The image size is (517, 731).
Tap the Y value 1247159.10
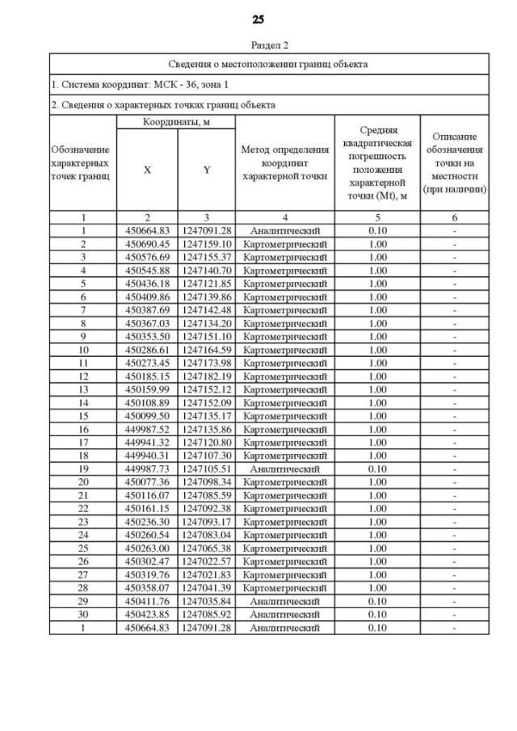tap(207, 243)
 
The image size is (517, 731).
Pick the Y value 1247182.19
tap(207, 376)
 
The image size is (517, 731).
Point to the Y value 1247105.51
tap(207, 468)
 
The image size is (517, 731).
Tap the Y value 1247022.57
tap(207, 561)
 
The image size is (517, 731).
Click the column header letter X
tap(147, 170)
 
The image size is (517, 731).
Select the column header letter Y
tap(207, 170)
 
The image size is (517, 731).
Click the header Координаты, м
tap(176, 121)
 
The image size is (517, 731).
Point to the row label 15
tap(83, 415)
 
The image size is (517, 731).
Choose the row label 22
tap(83, 508)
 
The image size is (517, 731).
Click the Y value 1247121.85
tap(207, 283)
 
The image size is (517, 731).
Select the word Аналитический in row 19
tap(285, 468)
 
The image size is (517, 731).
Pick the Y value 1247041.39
tap(207, 587)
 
